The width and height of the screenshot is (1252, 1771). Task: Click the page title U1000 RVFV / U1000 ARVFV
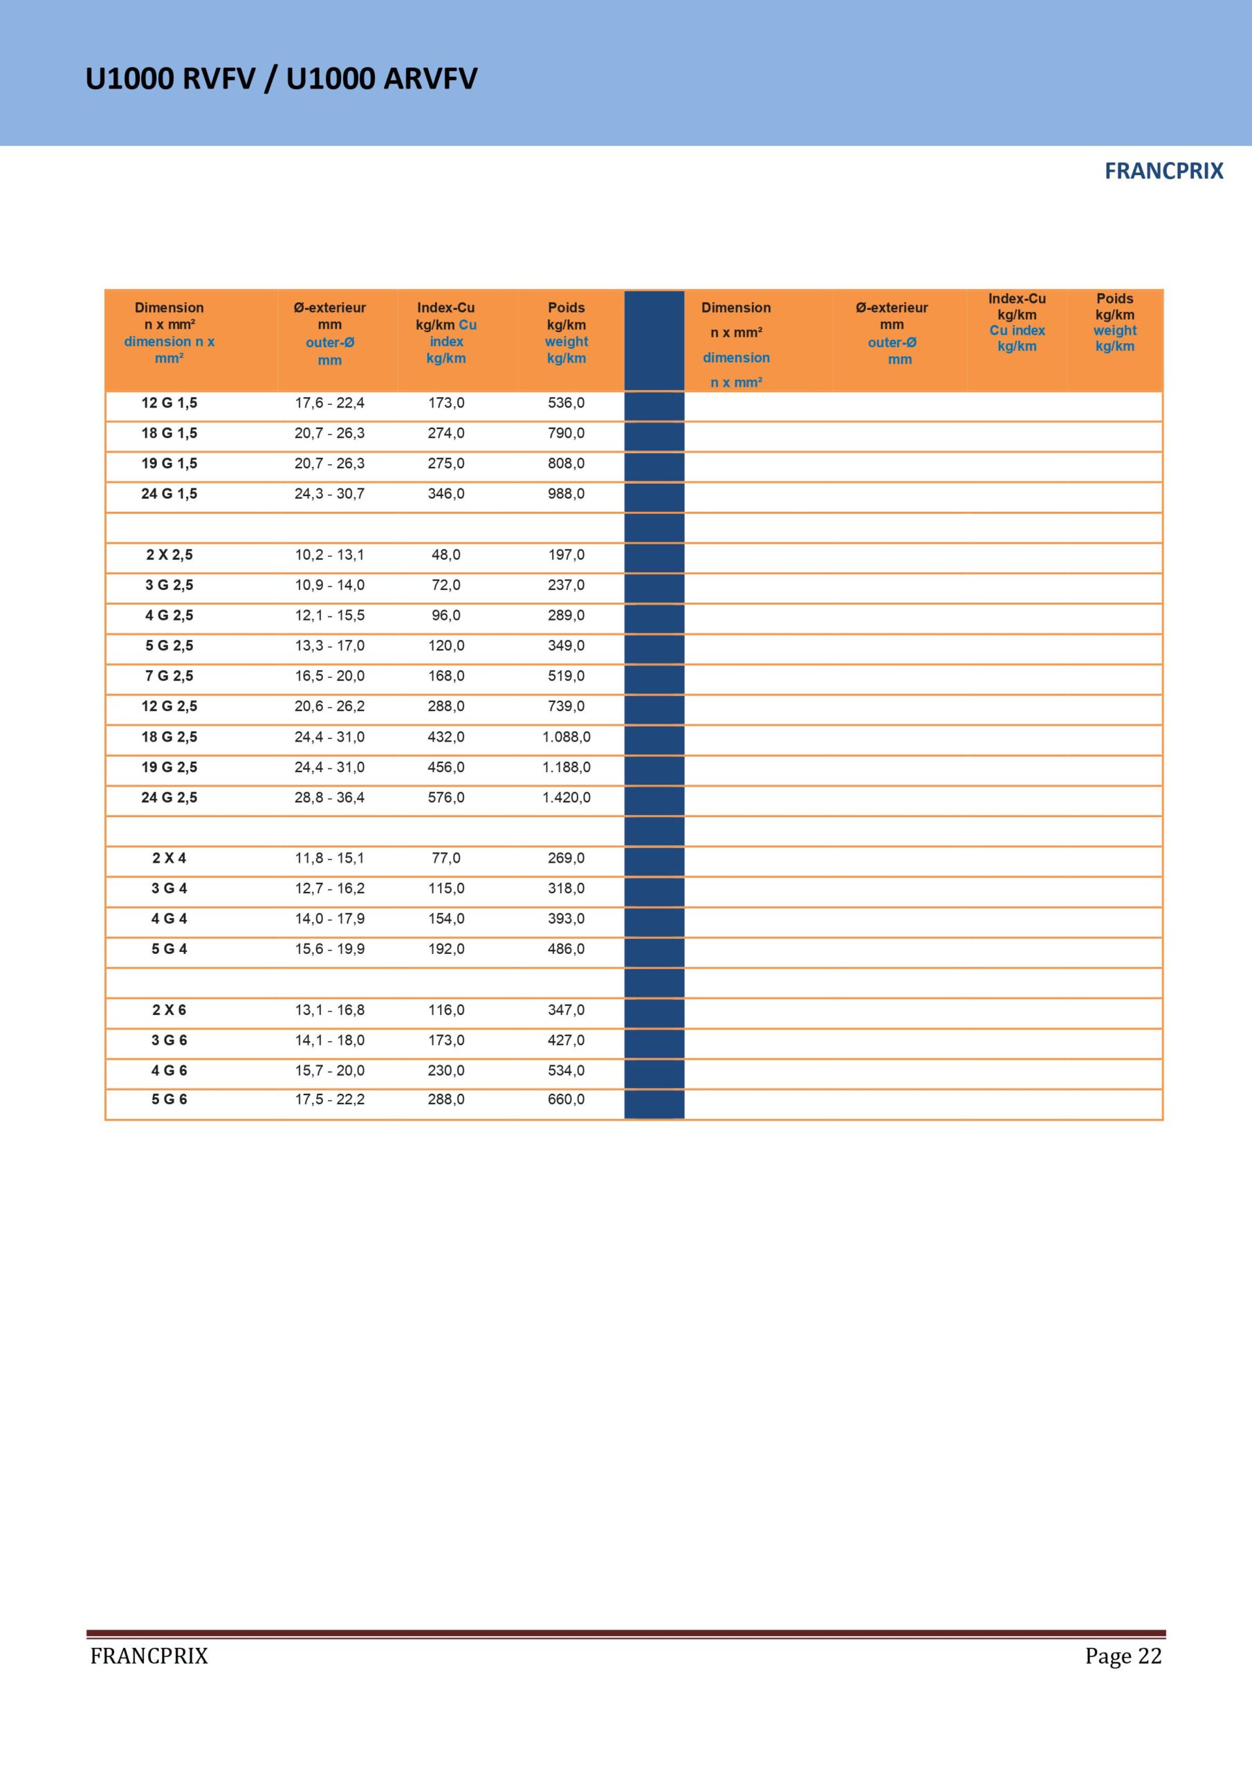(x=282, y=79)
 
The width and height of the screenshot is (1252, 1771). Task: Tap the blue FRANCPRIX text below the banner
(x=1163, y=172)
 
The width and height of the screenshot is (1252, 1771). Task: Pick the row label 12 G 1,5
(x=169, y=403)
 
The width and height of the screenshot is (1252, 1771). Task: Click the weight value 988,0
(x=567, y=494)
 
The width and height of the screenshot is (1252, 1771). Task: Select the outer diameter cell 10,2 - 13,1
(x=329, y=555)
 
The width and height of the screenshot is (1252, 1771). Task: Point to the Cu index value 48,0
(x=446, y=555)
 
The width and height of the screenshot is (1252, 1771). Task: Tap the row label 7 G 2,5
(x=169, y=676)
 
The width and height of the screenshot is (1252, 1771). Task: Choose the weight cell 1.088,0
(x=567, y=737)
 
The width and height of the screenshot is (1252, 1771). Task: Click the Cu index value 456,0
(x=446, y=767)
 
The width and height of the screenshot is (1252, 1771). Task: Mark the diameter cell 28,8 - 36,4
(x=329, y=798)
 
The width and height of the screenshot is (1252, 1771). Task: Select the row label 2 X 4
(x=169, y=858)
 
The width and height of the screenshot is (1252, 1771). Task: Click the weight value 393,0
(x=567, y=919)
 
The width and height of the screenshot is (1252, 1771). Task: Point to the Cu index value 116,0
(x=446, y=1010)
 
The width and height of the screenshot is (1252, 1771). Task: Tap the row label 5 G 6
(x=169, y=1099)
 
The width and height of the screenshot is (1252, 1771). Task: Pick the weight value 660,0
(x=567, y=1099)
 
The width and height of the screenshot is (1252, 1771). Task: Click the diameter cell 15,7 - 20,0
(x=329, y=1071)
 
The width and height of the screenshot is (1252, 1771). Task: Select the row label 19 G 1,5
(x=169, y=464)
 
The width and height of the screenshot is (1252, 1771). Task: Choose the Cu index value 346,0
(x=446, y=494)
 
